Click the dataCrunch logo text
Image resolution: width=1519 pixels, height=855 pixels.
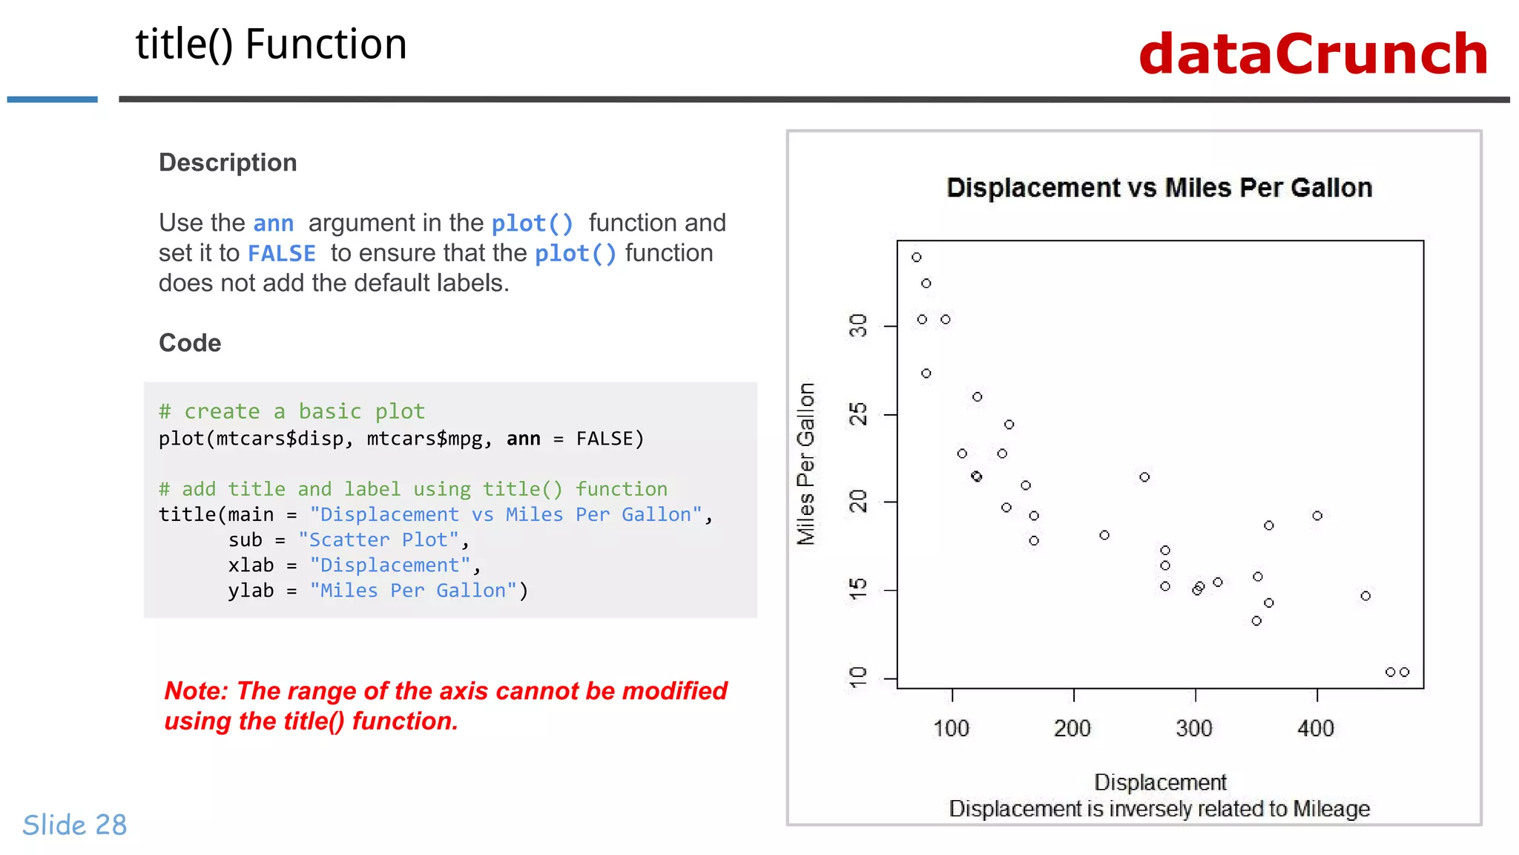[x=1313, y=54]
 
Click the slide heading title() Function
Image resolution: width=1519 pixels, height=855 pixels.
[x=271, y=45]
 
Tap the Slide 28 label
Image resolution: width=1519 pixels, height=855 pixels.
[x=75, y=825]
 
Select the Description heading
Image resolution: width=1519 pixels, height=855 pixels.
[x=228, y=163]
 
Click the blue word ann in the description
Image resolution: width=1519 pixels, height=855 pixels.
[x=273, y=223]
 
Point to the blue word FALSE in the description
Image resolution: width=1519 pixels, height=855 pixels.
[x=281, y=254]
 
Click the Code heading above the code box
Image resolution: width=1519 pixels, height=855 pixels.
[x=190, y=343]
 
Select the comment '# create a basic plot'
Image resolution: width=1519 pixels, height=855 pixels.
[x=291, y=411]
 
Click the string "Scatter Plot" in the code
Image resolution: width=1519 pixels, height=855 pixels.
[x=378, y=540]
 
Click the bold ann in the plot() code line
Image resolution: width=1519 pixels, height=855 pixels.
[x=523, y=439]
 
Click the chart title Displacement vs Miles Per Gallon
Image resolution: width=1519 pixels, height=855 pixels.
[x=1159, y=188]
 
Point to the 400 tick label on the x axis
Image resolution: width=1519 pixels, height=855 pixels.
[x=1316, y=728]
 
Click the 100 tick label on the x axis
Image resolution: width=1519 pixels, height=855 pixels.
[x=951, y=728]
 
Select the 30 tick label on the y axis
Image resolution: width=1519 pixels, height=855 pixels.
[x=858, y=325]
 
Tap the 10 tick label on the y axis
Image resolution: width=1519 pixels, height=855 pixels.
[x=858, y=677]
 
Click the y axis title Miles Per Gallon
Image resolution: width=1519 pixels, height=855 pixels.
[x=806, y=464]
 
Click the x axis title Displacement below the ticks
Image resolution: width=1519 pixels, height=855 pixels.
[x=1160, y=782]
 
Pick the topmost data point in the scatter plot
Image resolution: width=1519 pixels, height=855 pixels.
[x=917, y=258]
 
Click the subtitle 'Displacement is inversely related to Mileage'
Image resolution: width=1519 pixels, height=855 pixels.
[x=1159, y=809]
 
